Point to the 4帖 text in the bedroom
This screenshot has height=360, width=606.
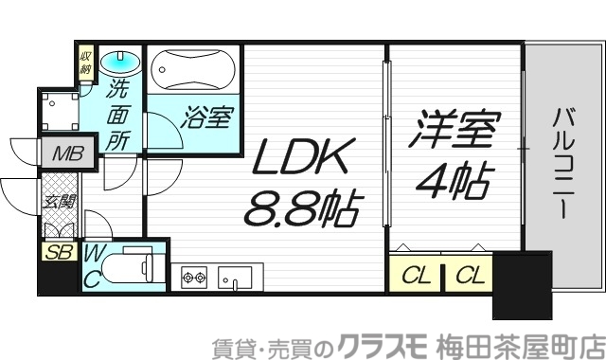tap(452, 177)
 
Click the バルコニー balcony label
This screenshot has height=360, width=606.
tap(562, 162)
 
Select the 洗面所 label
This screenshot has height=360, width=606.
tap(118, 115)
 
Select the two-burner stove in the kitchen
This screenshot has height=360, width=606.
tap(194, 278)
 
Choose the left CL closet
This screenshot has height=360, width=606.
tap(414, 276)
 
